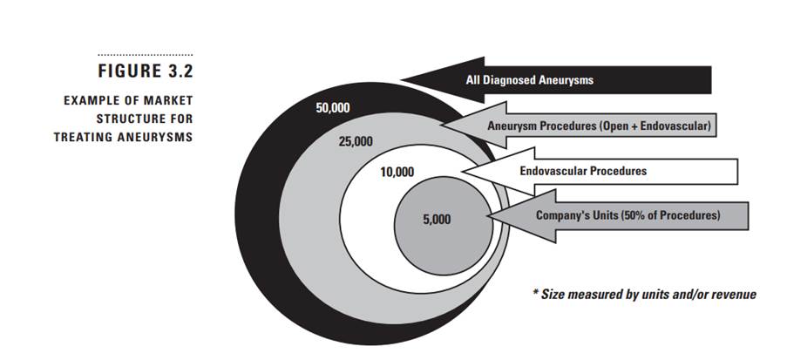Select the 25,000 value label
pyautogui.click(x=356, y=140)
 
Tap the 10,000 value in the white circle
pyautogui.click(x=397, y=172)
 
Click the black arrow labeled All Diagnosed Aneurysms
pyautogui.click(x=558, y=79)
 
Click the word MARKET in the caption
pyautogui.click(x=169, y=101)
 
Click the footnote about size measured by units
pyautogui.click(x=644, y=294)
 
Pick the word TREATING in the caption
pyautogui.click(x=85, y=136)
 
